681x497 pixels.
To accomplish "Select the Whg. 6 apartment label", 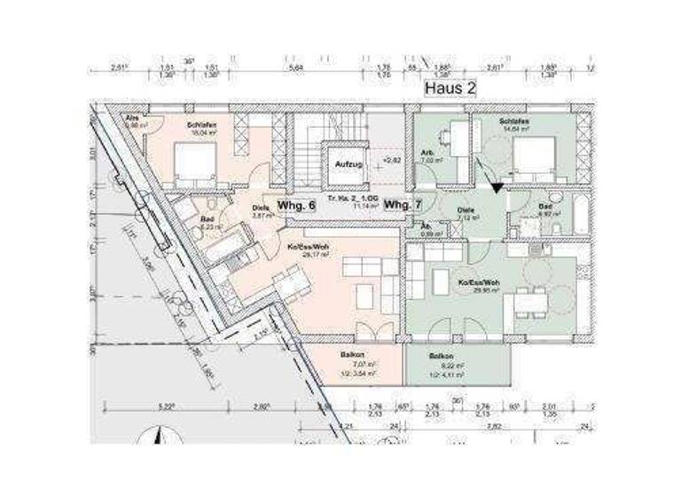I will pos(297,206).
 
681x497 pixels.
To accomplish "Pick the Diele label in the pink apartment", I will pos(260,209).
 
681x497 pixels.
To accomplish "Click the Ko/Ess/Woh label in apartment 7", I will pos(478,283).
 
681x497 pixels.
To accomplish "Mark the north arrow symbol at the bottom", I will pos(158,437).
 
